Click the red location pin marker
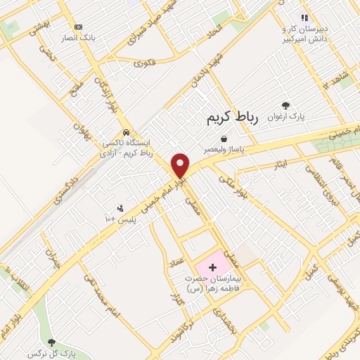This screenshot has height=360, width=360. tap(181, 165)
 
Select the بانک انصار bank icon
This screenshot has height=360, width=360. tap(77, 26)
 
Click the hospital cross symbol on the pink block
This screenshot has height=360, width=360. tap(213, 267)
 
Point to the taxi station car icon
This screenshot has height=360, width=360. tap(126, 132)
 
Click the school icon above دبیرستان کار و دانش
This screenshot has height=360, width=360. tap(304, 18)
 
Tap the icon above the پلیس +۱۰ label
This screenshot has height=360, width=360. tap(120, 208)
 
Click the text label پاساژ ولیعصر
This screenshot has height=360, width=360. tap(224, 150)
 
